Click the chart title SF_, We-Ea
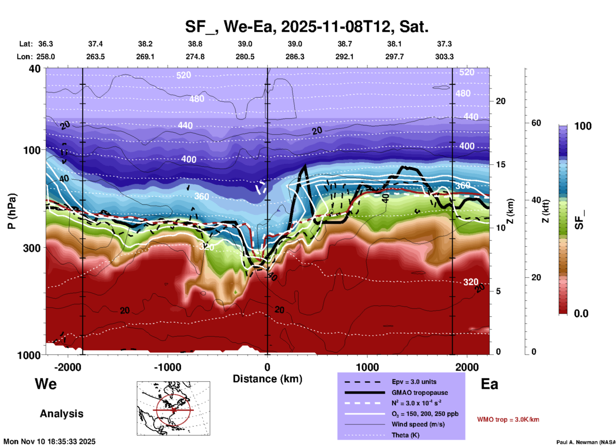(306, 27)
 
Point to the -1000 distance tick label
(168, 367)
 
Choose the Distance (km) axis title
(267, 379)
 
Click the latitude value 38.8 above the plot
(195, 44)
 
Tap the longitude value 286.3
(295, 57)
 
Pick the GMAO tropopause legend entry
(420, 393)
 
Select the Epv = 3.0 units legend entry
(414, 382)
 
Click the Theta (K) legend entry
(405, 435)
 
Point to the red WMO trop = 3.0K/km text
(508, 419)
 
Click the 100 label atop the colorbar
(583, 126)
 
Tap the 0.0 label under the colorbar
(581, 314)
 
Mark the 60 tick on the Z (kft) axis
(536, 123)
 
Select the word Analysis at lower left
(61, 414)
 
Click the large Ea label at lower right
(489, 384)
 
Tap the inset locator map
(173, 408)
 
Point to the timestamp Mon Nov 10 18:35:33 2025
(50, 442)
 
